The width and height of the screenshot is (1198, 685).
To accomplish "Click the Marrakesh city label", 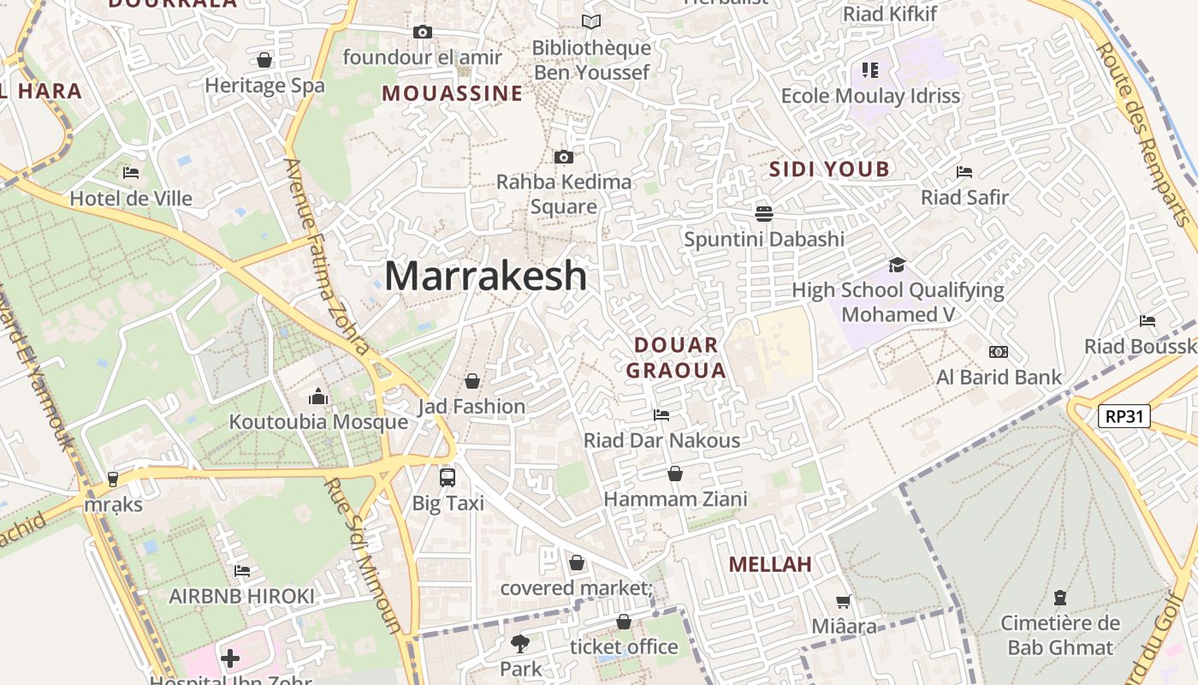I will tap(485, 276).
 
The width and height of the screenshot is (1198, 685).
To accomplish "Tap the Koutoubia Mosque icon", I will tap(318, 396).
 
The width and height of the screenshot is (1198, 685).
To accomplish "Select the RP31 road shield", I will tap(1124, 417).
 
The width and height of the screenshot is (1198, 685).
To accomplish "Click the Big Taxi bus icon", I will tap(447, 478).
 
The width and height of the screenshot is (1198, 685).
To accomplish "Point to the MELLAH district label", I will tap(770, 564).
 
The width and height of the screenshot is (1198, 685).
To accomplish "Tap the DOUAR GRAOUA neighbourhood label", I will tap(676, 358).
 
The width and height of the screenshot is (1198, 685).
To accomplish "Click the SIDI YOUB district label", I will tap(829, 169).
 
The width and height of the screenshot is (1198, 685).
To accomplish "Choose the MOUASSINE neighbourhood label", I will tap(452, 93).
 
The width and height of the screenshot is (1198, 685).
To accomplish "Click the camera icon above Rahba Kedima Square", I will tap(563, 157).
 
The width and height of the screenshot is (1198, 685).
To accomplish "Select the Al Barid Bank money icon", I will tap(998, 352).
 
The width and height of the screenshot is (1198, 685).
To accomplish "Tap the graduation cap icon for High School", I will tap(897, 265).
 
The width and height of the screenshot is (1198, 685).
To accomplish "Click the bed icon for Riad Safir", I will tap(964, 172).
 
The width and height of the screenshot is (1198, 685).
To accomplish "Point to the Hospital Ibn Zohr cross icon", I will tap(229, 658).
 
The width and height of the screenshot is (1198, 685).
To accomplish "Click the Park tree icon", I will tap(520, 643).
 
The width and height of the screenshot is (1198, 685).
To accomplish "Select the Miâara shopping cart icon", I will tap(843, 602).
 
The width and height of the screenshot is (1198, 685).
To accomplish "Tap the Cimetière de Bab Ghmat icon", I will tap(1060, 598).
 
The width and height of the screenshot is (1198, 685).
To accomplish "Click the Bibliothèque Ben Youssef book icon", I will tap(590, 22).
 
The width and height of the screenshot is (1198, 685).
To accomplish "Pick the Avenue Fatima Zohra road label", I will tap(328, 257).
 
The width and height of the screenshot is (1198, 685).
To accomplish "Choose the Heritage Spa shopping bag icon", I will tap(264, 60).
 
